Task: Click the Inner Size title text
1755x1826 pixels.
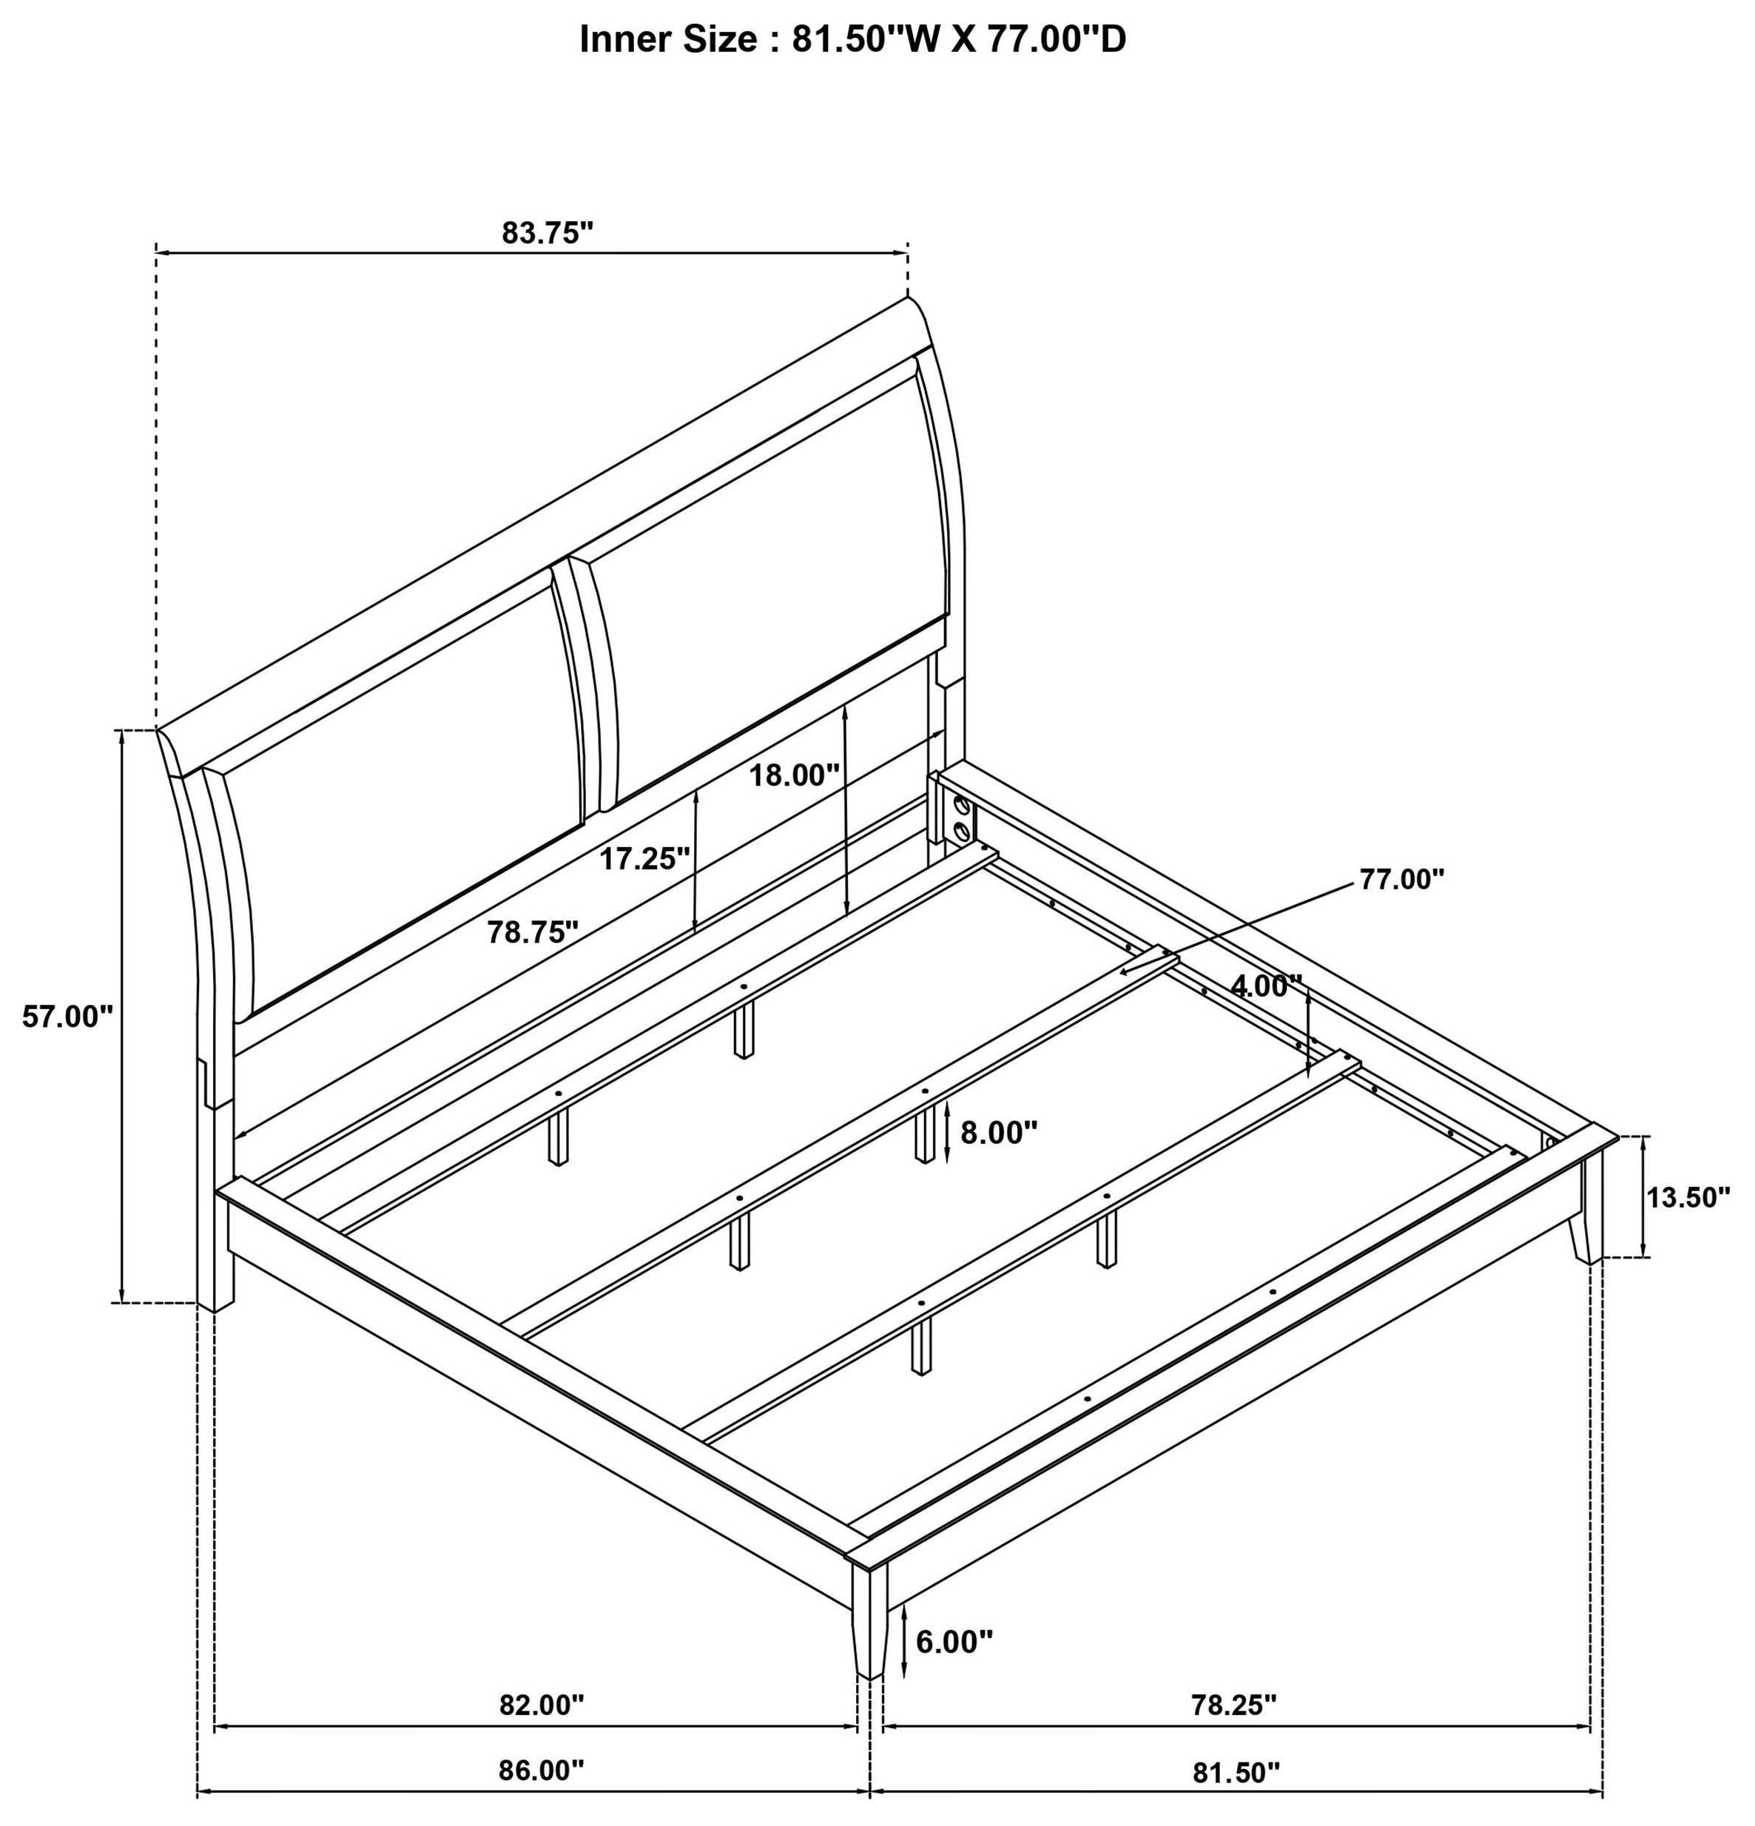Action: [852, 40]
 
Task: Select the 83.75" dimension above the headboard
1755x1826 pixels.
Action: [548, 232]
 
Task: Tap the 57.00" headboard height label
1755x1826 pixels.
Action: [67, 1017]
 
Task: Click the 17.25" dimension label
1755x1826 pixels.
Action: [644, 858]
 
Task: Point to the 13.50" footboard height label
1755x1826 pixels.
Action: [1688, 1197]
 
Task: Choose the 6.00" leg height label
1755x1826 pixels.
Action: [954, 1642]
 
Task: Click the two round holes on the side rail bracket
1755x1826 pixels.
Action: [960, 816]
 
